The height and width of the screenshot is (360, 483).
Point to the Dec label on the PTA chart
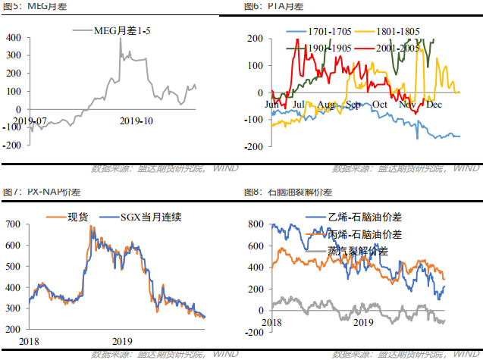click(x=434, y=103)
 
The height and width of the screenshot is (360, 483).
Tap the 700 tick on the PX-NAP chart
click(x=13, y=224)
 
